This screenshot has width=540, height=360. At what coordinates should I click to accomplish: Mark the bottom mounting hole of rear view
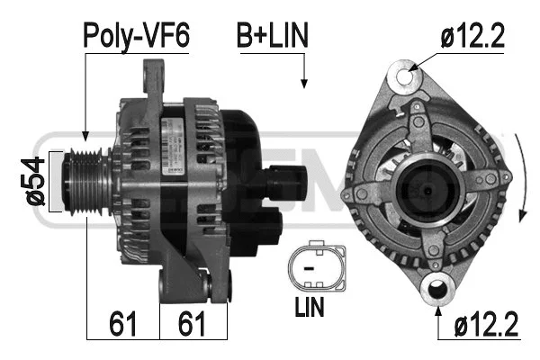click(x=440, y=290)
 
